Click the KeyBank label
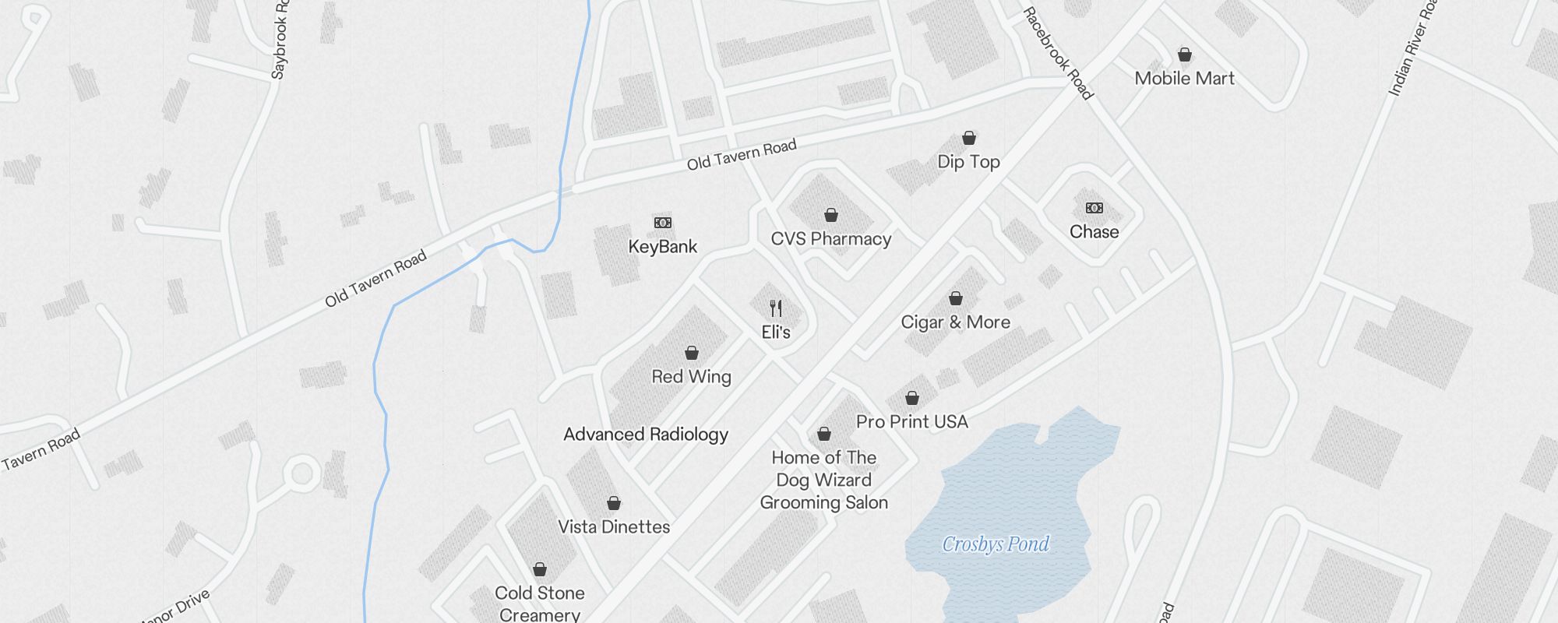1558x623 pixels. pos(663,247)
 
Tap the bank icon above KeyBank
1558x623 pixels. pos(663,223)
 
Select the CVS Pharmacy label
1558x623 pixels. pos(830,239)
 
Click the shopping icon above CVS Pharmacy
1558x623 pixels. pos(831,215)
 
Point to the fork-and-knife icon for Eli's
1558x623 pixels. pos(776,308)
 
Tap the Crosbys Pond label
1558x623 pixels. pos(996,544)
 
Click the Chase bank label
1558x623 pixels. pos(1094,232)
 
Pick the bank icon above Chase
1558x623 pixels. pos(1094,208)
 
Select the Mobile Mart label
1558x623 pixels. pos(1184,78)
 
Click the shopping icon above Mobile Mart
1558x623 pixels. pos(1185,55)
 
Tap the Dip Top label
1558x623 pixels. pos(968,162)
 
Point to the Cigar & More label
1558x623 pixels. pos(955,322)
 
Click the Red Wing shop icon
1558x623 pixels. pos(692,353)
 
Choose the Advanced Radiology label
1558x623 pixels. pos(646,435)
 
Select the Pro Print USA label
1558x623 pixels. pos(911,422)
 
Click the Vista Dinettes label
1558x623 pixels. pos(614,527)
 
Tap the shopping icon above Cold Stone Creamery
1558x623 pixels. pos(540,569)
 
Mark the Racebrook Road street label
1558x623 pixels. pos(1058,53)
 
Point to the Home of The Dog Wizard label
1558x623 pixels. pos(823,480)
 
